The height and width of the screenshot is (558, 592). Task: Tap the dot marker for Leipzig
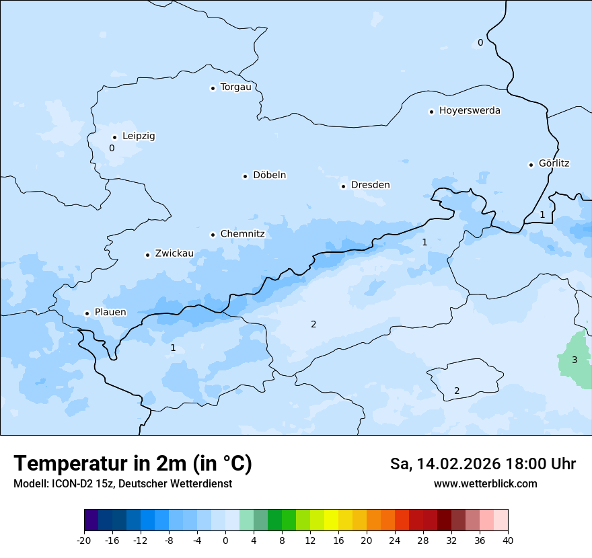point(114,137)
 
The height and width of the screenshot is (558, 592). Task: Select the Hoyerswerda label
point(470,111)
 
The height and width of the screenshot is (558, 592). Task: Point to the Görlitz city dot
point(531,164)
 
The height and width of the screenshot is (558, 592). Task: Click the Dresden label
point(370,185)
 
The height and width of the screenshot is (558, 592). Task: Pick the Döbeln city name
point(269,175)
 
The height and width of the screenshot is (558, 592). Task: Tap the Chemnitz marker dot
point(213,235)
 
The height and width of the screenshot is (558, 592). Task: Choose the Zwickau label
point(174,253)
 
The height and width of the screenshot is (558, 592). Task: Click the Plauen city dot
point(87,313)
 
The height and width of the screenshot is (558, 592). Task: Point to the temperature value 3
point(575,360)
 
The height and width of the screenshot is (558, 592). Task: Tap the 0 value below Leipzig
point(112,148)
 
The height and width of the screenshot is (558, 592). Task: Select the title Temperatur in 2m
point(133,464)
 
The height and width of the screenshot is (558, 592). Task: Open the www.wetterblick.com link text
point(485,483)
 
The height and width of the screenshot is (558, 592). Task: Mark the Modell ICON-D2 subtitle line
point(122,483)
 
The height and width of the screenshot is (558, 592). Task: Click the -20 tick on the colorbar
point(84,540)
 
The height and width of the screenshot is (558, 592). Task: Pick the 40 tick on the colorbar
point(508,540)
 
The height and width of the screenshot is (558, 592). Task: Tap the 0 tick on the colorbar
point(225,540)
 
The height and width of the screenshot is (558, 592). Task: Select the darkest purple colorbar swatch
point(91,520)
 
